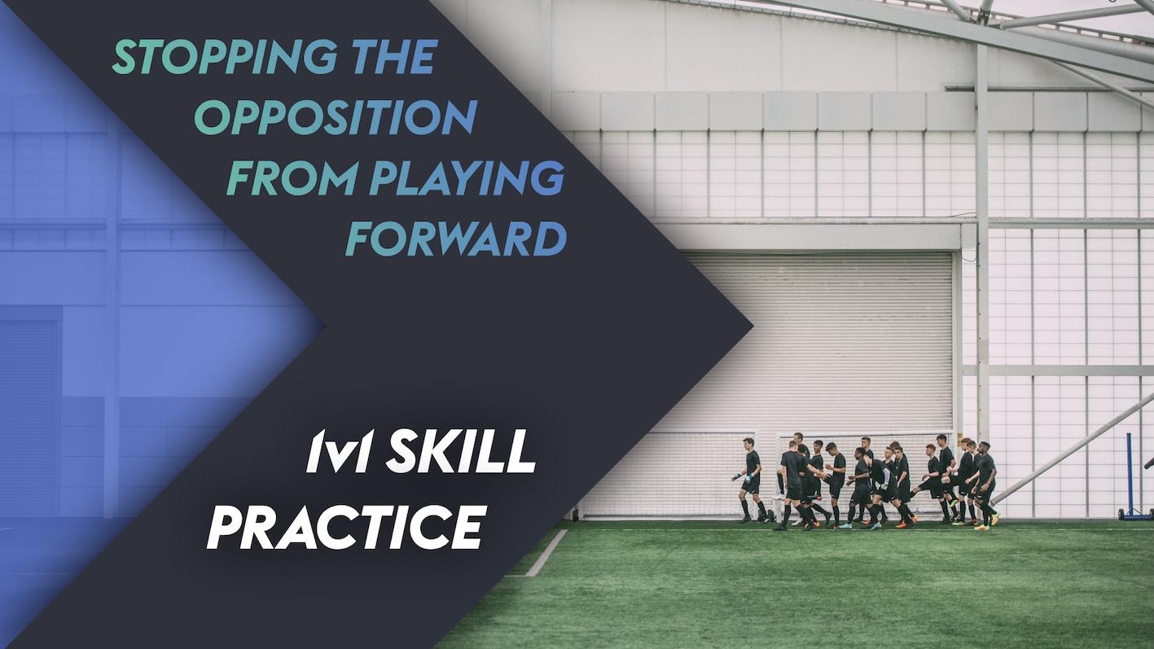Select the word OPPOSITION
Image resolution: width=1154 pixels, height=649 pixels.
pos(335,119)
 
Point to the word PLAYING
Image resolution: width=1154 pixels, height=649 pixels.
pos(467,179)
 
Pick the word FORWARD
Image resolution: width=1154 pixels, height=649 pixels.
pos(456,239)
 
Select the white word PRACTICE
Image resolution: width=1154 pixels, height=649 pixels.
pos(347,526)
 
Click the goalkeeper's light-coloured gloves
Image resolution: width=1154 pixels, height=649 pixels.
pos(738,477)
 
